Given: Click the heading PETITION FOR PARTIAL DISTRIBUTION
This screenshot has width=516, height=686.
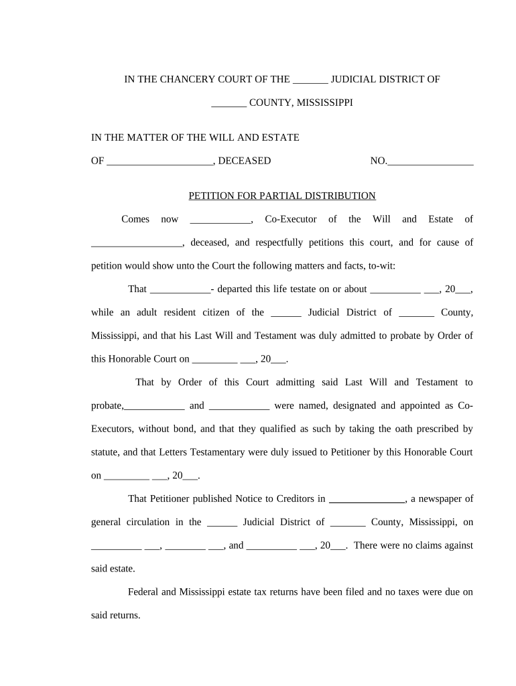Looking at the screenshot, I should tap(282, 196).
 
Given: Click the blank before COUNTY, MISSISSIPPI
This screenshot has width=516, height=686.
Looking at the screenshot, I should tap(229, 103).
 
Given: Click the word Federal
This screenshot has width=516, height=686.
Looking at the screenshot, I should tap(145, 592).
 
